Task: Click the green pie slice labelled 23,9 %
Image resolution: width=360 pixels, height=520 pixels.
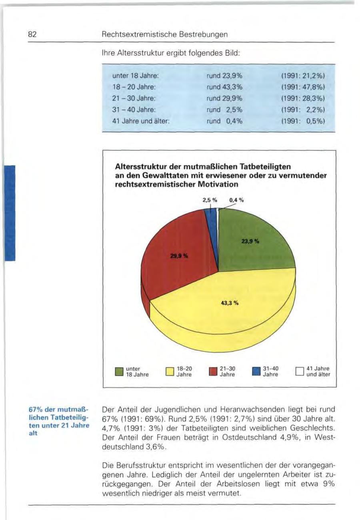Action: click(x=252, y=244)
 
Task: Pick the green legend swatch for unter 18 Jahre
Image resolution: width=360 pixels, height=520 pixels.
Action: click(x=119, y=372)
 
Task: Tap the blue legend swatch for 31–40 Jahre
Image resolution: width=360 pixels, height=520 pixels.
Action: click(x=256, y=372)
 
